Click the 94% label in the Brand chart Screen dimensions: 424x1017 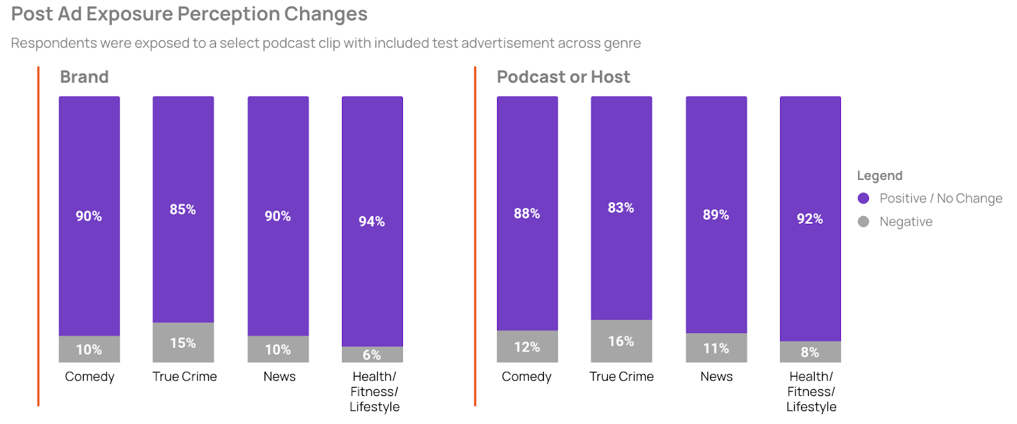point(372,221)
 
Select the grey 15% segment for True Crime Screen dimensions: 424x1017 point(183,343)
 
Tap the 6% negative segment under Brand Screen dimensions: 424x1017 point(372,354)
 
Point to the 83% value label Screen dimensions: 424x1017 point(621,208)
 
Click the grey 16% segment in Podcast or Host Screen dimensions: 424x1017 point(621,341)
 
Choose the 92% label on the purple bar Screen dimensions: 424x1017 point(810,219)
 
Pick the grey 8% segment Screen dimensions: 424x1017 point(810,352)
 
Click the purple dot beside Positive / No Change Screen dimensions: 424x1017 point(863,198)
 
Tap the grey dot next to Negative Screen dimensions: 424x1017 point(863,221)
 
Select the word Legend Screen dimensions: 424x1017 point(879,175)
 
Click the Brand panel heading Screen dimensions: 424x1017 point(85,77)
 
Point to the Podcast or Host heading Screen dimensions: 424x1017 point(563,77)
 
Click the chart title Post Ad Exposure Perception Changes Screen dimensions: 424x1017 point(189,14)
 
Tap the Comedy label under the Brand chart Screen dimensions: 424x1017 point(90,376)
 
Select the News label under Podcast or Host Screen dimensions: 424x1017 point(716,376)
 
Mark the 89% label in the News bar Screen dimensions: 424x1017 point(716,215)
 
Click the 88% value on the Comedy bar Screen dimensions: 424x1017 point(527,214)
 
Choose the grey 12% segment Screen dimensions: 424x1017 point(527,346)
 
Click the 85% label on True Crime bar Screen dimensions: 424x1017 point(183,209)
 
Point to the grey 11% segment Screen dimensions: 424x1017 point(716,348)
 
